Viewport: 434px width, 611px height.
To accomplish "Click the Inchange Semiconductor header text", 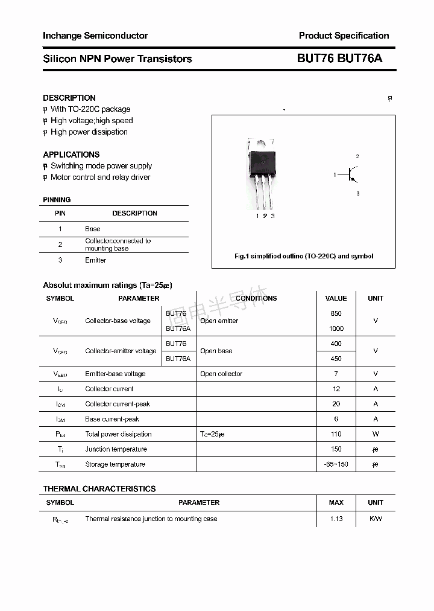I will (95, 36).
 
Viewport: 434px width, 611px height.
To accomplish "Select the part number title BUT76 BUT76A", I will (339, 59).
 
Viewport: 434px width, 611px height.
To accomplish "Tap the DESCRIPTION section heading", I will (69, 98).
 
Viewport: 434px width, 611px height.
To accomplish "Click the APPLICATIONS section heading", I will (71, 155).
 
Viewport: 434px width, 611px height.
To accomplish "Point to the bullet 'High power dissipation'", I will (89, 132).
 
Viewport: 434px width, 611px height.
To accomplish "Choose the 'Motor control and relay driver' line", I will (100, 178).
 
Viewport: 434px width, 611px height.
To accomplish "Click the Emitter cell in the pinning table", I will (95, 260).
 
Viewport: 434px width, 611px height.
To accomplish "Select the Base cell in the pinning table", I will (92, 229).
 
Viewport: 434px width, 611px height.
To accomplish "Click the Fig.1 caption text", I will (304, 256).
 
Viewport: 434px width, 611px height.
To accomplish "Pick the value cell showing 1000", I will (336, 328).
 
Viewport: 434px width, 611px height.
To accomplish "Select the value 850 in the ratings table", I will (336, 313).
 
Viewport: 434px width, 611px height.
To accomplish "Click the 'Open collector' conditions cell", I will (221, 374).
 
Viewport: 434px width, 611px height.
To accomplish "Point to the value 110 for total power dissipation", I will (336, 434).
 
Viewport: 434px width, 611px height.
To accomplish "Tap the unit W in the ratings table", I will (376, 434).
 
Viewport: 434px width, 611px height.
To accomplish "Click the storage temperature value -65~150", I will (336, 464).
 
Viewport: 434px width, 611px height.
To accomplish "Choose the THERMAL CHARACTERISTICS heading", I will (99, 489).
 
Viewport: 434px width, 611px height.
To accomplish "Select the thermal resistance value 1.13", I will (336, 519).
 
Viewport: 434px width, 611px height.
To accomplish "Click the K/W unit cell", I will (376, 519).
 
